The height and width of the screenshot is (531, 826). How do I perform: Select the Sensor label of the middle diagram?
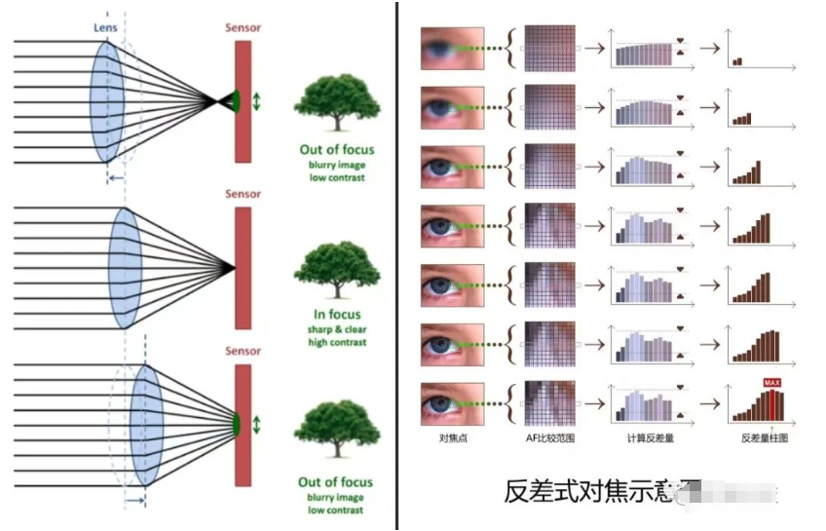[x=243, y=194]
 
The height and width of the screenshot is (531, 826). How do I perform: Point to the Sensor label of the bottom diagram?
[x=243, y=351]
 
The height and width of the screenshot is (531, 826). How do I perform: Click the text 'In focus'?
[x=337, y=315]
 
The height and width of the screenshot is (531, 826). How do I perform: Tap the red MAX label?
[x=772, y=383]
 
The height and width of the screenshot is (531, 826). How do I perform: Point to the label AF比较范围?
[x=549, y=439]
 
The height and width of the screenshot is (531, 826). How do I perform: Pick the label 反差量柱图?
[x=765, y=439]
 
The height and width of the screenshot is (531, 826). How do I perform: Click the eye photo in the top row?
[x=451, y=48]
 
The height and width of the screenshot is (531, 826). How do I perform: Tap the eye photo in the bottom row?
[x=451, y=401]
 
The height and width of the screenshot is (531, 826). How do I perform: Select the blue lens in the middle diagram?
[x=127, y=266]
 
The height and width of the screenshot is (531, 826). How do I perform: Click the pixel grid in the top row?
[x=550, y=48]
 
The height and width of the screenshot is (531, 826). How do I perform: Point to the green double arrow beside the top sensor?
[x=257, y=99]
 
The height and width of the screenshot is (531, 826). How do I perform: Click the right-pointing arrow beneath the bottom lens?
[x=134, y=501]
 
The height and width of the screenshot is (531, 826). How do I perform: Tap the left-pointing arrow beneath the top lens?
[x=115, y=177]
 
